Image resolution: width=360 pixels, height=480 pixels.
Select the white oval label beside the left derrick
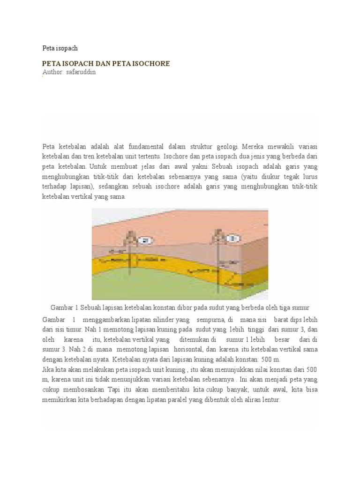coord(146,241)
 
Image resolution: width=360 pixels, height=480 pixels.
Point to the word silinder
coord(158,320)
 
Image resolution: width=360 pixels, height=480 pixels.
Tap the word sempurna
coord(211,320)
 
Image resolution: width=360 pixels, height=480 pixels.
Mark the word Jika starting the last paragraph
coord(48,369)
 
